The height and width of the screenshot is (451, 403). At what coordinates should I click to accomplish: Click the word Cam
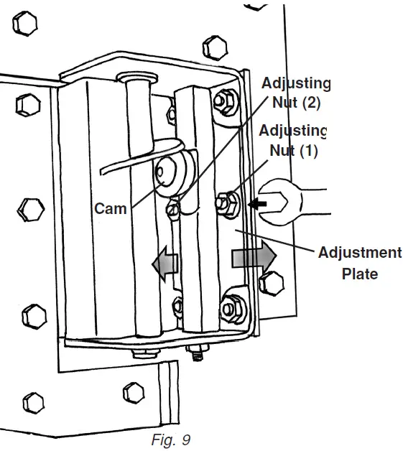tap(110, 209)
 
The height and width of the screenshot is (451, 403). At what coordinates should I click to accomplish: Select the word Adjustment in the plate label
tap(359, 253)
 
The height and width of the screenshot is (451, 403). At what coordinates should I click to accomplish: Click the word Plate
tap(359, 273)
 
